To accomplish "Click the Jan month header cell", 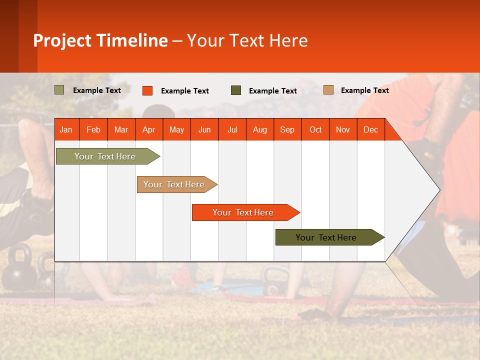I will click(x=66, y=129).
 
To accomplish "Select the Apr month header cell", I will click(x=149, y=129).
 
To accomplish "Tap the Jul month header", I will click(x=232, y=129).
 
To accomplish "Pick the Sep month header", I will click(x=287, y=129).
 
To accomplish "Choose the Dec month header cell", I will click(x=370, y=129).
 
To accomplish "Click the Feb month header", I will click(x=93, y=129).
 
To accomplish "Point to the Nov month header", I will click(x=343, y=129).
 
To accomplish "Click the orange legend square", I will click(x=147, y=90).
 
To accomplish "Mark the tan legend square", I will click(x=328, y=90).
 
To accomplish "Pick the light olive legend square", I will click(x=59, y=90).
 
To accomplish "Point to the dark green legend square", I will click(x=236, y=90).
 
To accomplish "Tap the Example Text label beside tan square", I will click(x=364, y=90).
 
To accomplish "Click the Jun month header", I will click(x=204, y=129).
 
